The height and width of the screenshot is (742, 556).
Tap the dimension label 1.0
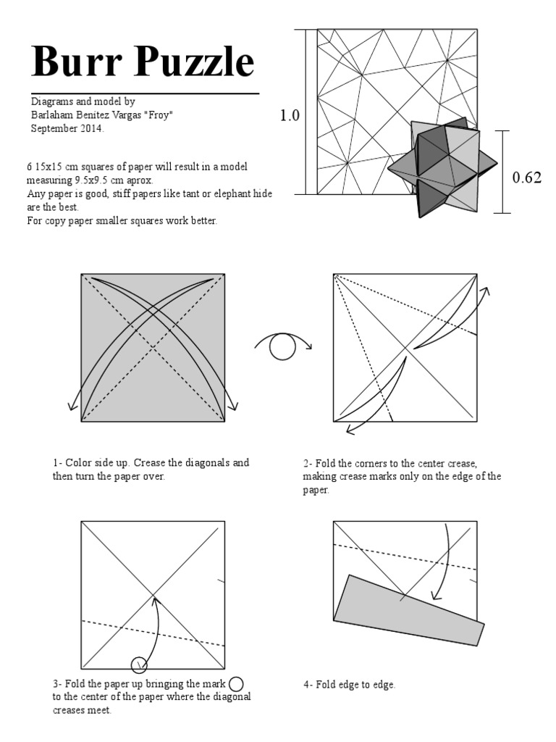tap(290, 115)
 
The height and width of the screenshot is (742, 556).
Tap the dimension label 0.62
tap(527, 178)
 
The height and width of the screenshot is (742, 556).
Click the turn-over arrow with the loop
tap(282, 347)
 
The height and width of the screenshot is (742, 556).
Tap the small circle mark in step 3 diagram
tap(138, 664)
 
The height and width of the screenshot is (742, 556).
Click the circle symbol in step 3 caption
tap(236, 683)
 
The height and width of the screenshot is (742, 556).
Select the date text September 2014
tap(67, 129)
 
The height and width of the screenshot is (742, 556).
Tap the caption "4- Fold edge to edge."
tap(349, 684)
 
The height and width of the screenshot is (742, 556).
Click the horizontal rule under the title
tap(145, 93)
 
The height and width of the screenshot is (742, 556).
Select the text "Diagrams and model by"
tap(83, 102)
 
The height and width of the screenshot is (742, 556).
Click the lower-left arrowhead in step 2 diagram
tap(350, 430)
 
